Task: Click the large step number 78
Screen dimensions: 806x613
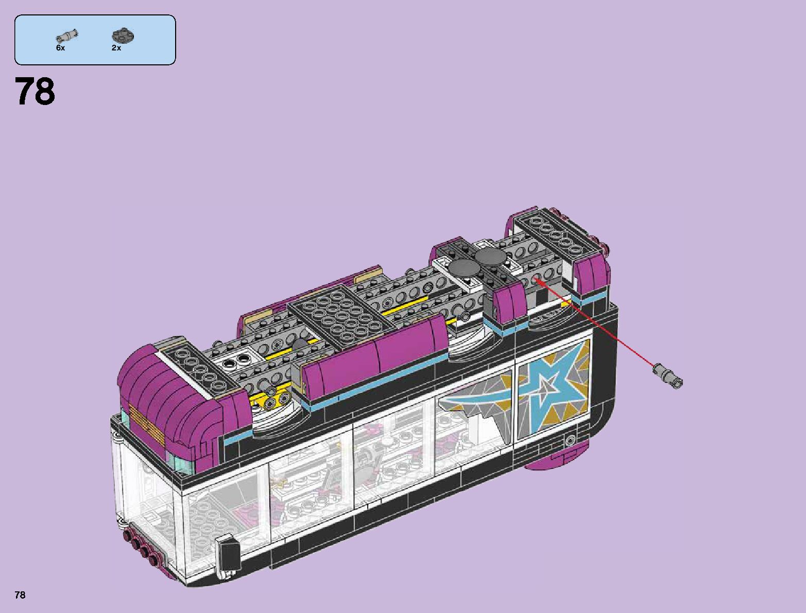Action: click(x=35, y=92)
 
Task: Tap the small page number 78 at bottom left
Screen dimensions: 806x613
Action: click(x=20, y=595)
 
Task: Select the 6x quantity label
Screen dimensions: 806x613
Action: click(x=61, y=48)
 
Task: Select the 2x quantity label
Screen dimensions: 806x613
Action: click(x=116, y=48)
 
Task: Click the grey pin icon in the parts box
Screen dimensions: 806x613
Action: click(x=66, y=36)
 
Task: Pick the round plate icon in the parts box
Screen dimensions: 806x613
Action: click(x=123, y=36)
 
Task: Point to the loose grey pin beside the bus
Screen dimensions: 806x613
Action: click(x=667, y=375)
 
